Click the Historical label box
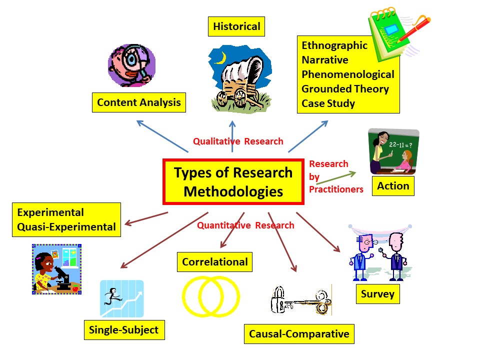[x=236, y=26]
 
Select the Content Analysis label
[x=138, y=102]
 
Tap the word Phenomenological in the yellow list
[x=347, y=74]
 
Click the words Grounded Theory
[x=344, y=89]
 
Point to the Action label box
[x=393, y=186]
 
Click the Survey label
[x=377, y=294]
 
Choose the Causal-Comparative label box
[x=299, y=333]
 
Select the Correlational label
[x=214, y=262]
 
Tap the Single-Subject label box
[x=123, y=329]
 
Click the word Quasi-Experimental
[x=66, y=227]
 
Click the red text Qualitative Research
[x=238, y=141]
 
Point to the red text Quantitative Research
[x=245, y=225]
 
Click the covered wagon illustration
[x=239, y=80]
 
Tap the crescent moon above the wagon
[x=220, y=59]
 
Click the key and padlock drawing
[x=300, y=301]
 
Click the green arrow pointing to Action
[x=336, y=178]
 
